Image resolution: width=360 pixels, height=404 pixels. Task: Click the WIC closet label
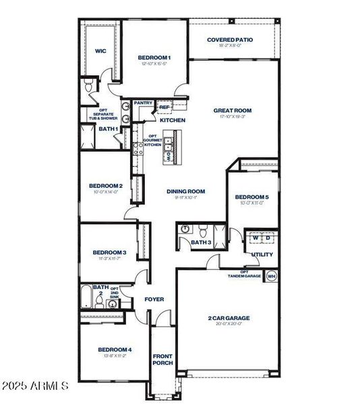pos(100,50)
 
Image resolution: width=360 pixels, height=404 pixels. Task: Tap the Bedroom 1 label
pos(154,58)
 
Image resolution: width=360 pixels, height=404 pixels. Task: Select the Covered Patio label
pos(230,40)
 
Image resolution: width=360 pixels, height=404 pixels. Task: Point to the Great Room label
pos(233,110)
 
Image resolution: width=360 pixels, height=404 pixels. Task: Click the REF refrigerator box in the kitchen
pos(164,106)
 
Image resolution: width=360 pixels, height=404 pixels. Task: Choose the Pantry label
pos(143,103)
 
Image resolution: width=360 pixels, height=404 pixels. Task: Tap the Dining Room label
pos(185,191)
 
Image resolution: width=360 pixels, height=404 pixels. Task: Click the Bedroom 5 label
pos(251,197)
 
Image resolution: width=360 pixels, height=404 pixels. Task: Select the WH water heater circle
pos(271,276)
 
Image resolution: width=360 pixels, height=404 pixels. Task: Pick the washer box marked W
pos(256,238)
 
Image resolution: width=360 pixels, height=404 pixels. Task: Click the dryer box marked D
pos(268,238)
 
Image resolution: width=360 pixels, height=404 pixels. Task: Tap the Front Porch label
pos(162,359)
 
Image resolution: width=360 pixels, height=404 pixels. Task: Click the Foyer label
pos(154,299)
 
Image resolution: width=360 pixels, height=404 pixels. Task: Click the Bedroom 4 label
pos(115,349)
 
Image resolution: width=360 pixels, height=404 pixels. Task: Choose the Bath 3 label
pos(201,242)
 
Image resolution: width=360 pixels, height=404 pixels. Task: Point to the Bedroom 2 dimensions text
pos(106,192)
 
